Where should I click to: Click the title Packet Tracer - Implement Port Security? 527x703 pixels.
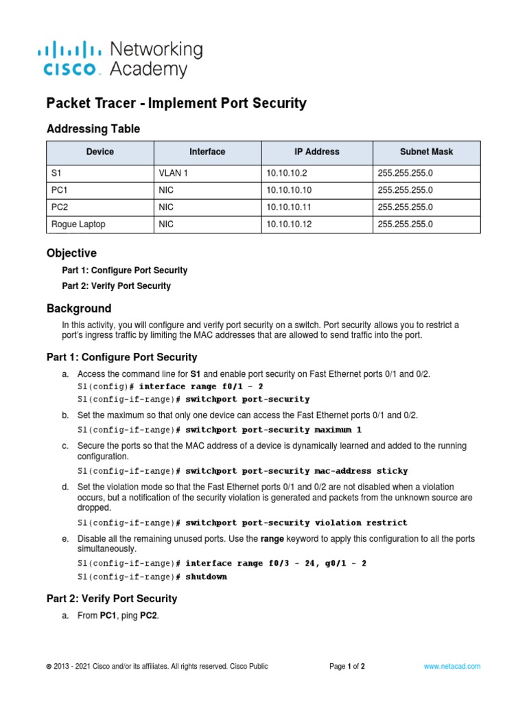(176, 104)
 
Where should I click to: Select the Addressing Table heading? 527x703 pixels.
(93, 129)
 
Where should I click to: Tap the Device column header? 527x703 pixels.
(100, 152)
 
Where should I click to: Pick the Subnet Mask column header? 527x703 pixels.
(426, 152)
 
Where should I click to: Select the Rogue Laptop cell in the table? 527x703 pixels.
(78, 224)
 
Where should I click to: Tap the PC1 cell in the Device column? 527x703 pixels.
(60, 190)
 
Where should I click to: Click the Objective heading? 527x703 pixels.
(71, 253)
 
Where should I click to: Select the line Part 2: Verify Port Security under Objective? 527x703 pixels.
(116, 286)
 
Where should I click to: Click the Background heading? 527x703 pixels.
(78, 308)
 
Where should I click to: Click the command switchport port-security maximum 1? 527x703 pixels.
(273, 430)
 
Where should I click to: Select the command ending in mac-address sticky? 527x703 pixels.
(296, 471)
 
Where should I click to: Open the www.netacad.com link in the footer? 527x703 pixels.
(452, 667)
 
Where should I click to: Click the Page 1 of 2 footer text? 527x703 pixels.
(347, 667)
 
